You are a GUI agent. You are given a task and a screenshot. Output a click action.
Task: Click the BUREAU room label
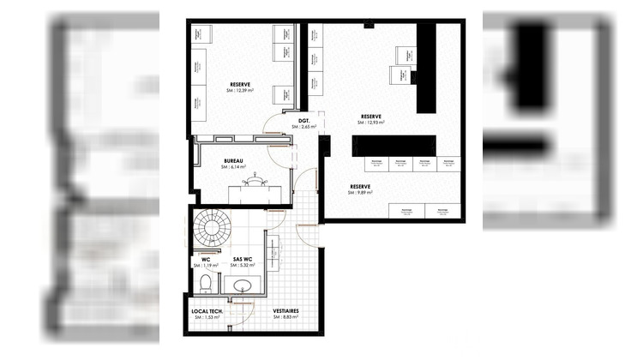tap(234, 160)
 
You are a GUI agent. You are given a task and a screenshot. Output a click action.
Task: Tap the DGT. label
tap(303, 120)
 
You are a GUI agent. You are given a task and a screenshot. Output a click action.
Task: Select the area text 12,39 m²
tap(243, 90)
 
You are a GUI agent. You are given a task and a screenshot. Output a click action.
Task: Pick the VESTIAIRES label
tap(286, 310)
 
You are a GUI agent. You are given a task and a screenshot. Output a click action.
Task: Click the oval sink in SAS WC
tap(243, 285)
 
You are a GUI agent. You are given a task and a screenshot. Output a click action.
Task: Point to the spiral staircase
tap(211, 229)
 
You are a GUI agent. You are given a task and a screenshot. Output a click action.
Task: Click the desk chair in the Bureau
tap(255, 181)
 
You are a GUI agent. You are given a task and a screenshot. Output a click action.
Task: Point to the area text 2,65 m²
tap(305, 127)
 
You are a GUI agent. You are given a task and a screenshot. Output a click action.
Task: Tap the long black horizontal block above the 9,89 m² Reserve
tap(394, 143)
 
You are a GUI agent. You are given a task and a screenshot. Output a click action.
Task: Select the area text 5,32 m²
tap(245, 266)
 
